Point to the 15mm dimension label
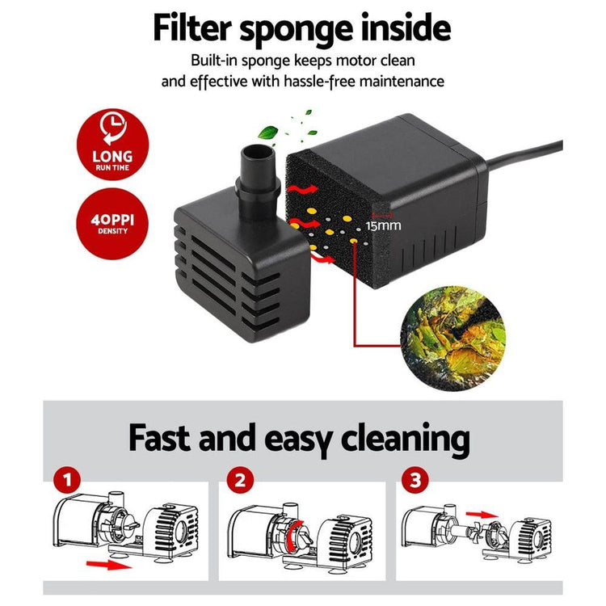point(382,225)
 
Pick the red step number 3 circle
point(415,482)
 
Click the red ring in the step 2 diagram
point(297,532)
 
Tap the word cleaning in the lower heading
point(405,440)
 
